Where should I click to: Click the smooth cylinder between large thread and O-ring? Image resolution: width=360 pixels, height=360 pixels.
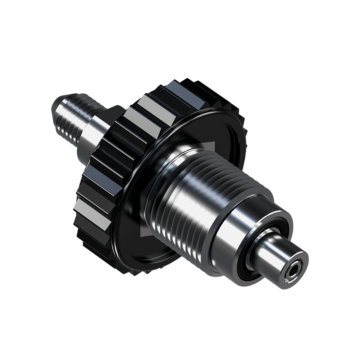click(x=240, y=231)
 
